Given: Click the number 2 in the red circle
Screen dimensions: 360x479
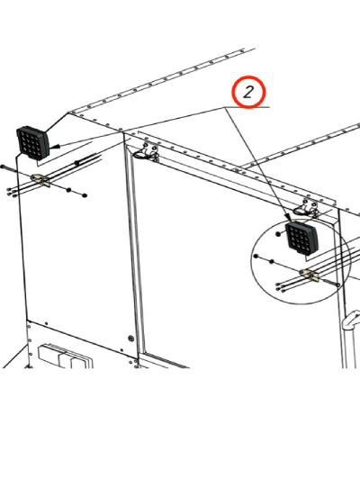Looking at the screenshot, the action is coord(248,92).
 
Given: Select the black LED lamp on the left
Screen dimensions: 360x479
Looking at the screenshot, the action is coord(32,143).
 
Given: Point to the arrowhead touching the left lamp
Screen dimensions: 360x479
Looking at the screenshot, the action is coord(54,148).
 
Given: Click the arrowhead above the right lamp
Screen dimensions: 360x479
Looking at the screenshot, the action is coord(287,217).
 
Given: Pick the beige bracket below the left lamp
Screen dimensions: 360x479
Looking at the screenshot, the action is coord(40,179).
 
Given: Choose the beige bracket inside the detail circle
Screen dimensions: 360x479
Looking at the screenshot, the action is coord(309,275).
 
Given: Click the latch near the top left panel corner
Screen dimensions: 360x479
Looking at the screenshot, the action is coord(147,152).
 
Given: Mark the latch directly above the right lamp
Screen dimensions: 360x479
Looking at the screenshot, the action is coord(307,207).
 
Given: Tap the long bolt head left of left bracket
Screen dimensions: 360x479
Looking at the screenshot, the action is coord(3,167).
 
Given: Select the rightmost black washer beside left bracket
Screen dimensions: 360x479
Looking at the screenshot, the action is coord(85,195).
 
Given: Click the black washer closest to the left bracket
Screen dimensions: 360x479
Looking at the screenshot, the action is coord(68,190).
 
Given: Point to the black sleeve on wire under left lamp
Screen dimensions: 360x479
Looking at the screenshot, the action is coord(76,163).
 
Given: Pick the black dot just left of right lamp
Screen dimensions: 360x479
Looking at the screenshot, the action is coord(278,234).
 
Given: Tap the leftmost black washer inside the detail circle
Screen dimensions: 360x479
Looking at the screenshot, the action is coord(256,256).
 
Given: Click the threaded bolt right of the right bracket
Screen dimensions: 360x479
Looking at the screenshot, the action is coord(329,283).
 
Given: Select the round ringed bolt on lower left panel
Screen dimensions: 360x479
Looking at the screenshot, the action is coord(131,339).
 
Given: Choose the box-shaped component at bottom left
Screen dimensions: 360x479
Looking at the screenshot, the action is coord(65,357).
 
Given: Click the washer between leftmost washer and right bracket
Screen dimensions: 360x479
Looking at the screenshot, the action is coord(272,261).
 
